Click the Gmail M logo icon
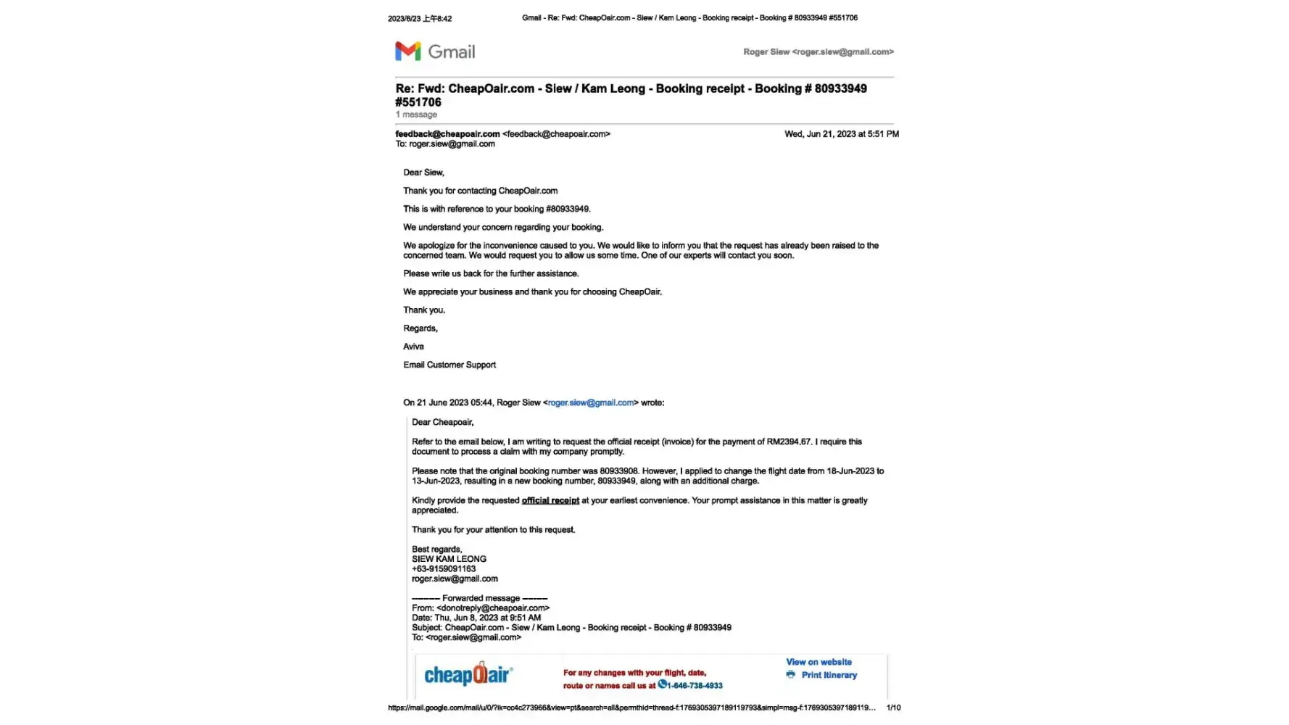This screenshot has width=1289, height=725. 407,51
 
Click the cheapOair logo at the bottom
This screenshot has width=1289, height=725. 468,675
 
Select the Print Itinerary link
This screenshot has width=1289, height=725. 829,675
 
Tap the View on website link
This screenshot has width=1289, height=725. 818,662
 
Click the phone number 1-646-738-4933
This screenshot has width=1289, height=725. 694,685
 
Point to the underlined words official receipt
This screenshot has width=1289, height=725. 550,500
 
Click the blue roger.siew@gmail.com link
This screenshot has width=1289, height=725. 591,402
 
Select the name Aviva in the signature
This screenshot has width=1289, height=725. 413,347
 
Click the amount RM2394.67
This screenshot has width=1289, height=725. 789,442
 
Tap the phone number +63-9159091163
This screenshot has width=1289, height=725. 444,569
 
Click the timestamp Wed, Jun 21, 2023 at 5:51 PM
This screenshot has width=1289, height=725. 841,134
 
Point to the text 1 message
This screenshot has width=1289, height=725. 416,115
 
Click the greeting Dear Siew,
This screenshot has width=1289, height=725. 423,173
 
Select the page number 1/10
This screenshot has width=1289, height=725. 893,708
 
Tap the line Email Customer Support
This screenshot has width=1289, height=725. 449,365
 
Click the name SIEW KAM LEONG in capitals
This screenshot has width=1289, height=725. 449,559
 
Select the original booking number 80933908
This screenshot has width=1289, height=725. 618,471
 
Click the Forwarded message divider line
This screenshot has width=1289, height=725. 480,598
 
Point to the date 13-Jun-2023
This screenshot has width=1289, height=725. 435,481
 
